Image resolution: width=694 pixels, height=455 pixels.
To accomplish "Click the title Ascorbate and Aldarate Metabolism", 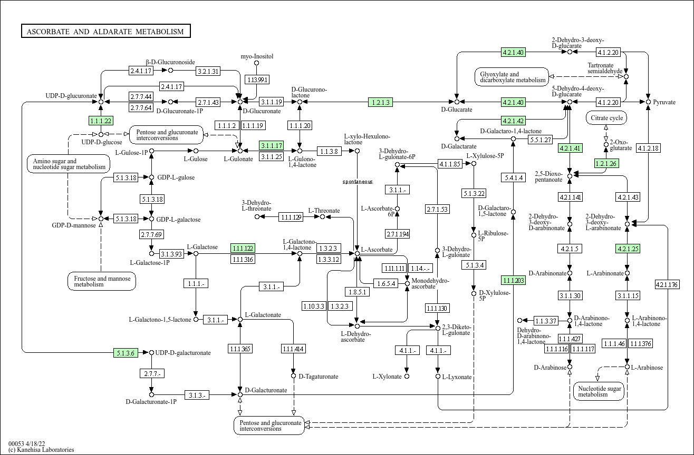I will point(105,32).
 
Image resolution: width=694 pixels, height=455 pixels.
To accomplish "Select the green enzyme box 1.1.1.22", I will point(101,121).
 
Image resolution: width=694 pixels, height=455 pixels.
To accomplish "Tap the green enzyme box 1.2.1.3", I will point(380,102).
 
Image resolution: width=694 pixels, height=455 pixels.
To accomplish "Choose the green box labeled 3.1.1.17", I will point(272,145).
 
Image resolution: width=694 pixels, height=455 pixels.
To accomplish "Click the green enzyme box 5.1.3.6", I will point(126,353).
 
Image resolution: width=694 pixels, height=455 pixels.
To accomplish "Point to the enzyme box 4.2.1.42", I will point(513,121).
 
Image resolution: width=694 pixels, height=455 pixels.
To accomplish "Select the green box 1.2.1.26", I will point(606,163).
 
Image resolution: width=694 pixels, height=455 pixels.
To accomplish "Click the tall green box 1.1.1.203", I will point(513,280).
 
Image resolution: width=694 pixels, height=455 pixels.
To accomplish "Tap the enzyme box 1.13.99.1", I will point(257,80).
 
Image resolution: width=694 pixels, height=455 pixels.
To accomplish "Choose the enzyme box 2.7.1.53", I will point(437,210).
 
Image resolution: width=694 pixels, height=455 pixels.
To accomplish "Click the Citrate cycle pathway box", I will point(606,118).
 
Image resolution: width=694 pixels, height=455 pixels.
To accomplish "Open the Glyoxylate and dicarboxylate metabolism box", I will point(512,77).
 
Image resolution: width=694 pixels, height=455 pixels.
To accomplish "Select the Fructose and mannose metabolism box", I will point(102,281).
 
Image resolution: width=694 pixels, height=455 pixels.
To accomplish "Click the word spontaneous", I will point(358,182).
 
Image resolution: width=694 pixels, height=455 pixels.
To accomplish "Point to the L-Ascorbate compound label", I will point(377,250).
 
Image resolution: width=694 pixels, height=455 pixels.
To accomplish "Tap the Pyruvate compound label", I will point(664,102).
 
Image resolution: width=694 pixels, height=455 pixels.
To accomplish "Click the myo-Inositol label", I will point(257,56).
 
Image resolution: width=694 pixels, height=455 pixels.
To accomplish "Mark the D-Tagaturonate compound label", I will point(319,377).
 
